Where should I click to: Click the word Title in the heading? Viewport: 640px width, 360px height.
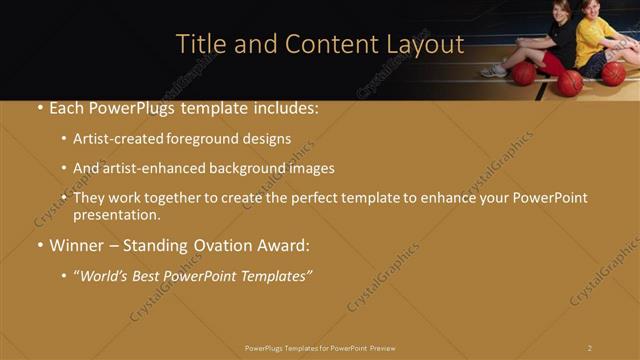pos(198,44)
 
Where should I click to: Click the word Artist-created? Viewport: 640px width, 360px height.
pos(117,139)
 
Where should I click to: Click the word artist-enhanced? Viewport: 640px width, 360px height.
pos(152,168)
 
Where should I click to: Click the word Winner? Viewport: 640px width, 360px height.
pos(76,245)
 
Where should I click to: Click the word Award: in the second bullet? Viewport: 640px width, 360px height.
pos(285,245)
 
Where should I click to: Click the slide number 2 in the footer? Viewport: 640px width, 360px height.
pos(590,348)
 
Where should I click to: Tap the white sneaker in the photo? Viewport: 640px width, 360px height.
pos(493,71)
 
